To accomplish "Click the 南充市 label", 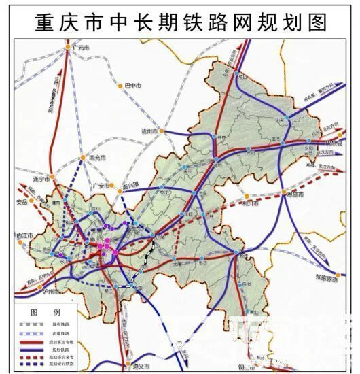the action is coord(98,158).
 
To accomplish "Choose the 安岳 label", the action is coord(20,202).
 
